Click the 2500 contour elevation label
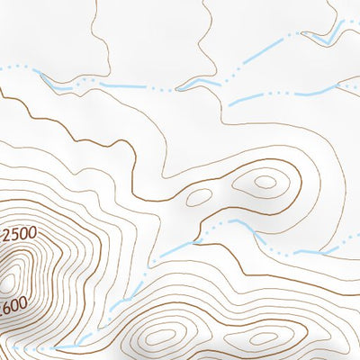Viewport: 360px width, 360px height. tap(19, 235)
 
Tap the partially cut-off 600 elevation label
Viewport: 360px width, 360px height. tap(13, 306)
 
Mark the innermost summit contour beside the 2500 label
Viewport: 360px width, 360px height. tap(10, 281)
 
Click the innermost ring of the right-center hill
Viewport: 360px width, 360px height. tap(265, 181)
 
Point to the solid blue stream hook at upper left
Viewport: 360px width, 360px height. tap(56, 85)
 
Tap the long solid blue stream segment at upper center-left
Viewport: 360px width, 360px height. tap(126, 87)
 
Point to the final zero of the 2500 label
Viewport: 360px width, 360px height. tap(32, 233)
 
